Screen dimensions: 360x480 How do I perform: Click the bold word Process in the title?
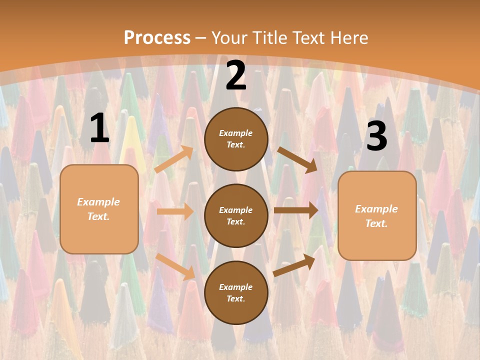click(157, 38)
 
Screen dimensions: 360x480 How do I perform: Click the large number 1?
click(99, 128)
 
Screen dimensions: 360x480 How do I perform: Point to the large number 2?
click(236, 76)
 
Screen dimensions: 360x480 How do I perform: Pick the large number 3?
click(376, 136)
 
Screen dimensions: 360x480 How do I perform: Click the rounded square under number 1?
click(99, 209)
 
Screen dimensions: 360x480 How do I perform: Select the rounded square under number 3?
click(377, 215)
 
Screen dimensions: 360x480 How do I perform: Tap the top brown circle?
click(236, 139)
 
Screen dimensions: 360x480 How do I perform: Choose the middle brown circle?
click(236, 215)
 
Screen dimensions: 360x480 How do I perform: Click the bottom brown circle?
click(236, 292)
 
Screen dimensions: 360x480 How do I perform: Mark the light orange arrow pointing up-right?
click(174, 159)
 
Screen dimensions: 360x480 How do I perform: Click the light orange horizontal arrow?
click(175, 211)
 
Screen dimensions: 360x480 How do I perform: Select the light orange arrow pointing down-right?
click(175, 266)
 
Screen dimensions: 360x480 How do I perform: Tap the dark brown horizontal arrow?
click(296, 210)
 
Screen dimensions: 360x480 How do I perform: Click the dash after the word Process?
click(201, 38)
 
